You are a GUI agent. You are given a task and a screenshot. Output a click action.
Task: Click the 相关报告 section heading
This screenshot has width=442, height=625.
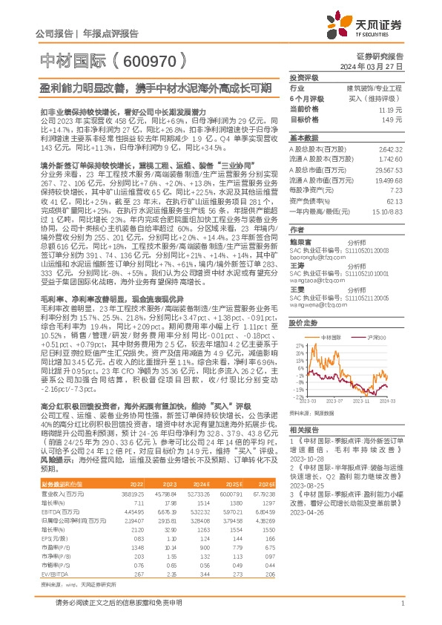click(303, 431)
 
